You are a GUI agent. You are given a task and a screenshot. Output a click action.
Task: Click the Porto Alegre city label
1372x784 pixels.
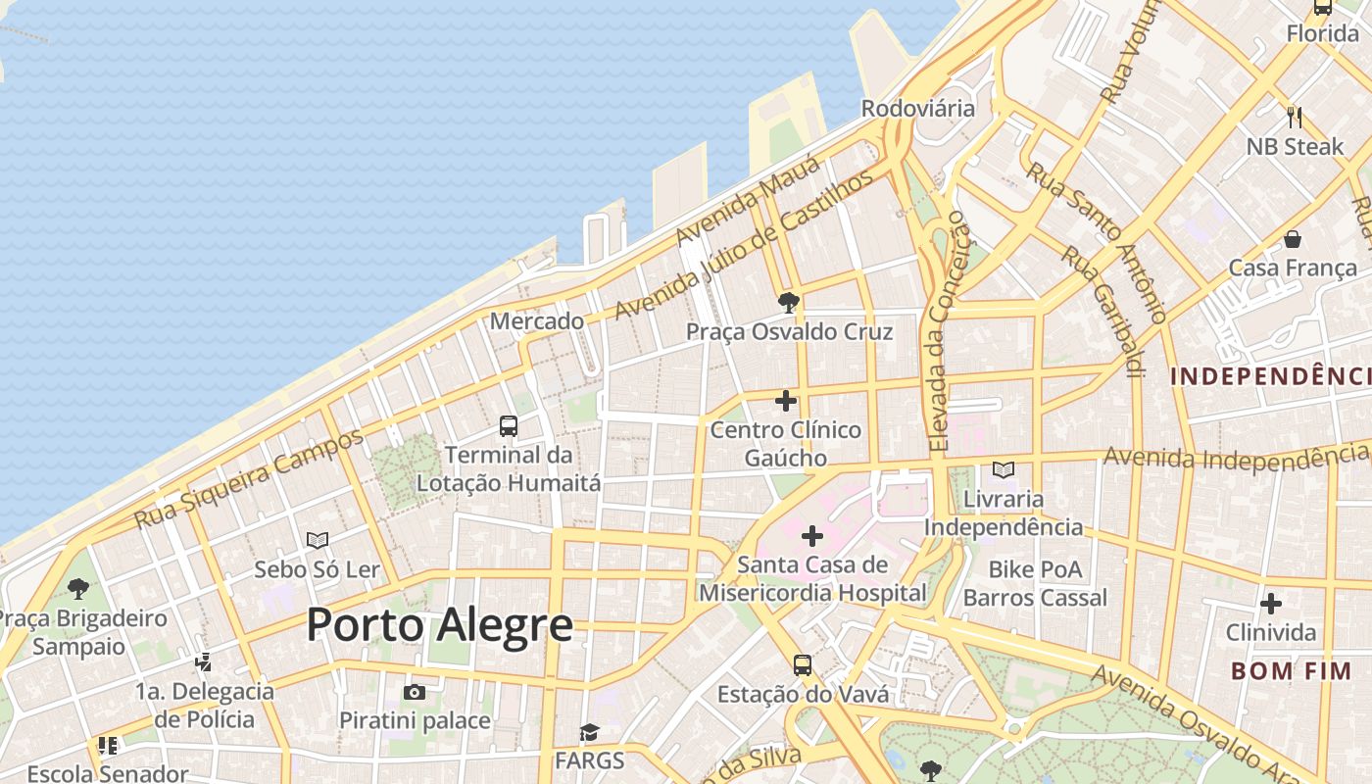[439, 624]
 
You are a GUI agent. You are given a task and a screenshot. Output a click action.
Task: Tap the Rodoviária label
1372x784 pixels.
[918, 108]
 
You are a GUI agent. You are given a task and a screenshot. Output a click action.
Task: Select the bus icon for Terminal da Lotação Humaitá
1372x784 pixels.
[509, 426]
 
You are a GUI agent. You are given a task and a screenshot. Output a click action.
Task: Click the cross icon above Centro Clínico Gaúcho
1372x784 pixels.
[786, 401]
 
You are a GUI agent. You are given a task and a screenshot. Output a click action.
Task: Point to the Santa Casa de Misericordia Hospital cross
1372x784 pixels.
[812, 536]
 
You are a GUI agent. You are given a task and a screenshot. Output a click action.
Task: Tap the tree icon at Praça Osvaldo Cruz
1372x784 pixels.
[788, 302]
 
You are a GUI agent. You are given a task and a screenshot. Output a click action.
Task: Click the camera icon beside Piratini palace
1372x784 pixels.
[415, 693]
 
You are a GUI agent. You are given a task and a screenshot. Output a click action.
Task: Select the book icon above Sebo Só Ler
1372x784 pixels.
[318, 540]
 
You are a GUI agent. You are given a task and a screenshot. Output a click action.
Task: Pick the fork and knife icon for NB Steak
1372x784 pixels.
[1295, 118]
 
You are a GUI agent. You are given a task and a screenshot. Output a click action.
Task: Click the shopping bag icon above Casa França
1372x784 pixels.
[1293, 239]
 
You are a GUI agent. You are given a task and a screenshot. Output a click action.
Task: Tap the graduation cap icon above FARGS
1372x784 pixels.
[589, 732]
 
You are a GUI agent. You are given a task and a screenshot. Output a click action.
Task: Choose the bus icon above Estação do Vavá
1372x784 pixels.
[803, 665]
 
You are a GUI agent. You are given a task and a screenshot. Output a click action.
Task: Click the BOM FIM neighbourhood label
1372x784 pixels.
[1291, 671]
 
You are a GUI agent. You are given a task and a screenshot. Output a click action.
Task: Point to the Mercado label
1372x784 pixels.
[536, 320]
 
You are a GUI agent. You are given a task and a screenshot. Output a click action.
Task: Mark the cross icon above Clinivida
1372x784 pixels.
[1271, 604]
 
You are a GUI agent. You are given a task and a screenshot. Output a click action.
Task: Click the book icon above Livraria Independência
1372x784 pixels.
[1004, 470]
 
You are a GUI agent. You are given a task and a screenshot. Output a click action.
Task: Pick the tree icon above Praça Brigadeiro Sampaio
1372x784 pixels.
[78, 589]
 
